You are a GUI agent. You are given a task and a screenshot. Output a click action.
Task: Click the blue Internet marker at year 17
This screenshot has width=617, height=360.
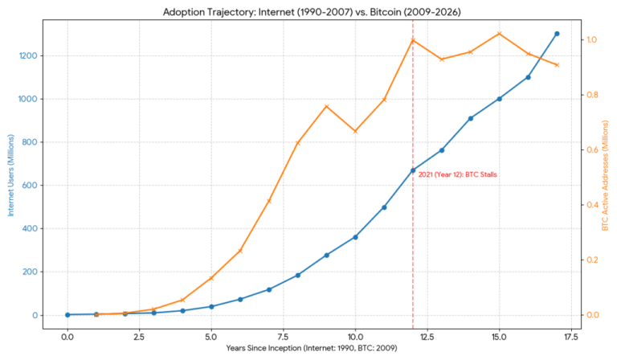(x=557, y=34)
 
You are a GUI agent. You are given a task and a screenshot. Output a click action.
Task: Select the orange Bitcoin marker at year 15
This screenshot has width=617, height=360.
(x=499, y=34)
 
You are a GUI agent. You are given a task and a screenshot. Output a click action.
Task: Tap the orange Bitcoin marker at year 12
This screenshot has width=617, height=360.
(x=413, y=40)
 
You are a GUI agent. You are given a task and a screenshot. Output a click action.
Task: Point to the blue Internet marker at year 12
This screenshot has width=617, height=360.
(x=413, y=170)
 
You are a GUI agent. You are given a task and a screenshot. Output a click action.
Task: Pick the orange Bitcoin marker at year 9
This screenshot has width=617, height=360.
(x=326, y=106)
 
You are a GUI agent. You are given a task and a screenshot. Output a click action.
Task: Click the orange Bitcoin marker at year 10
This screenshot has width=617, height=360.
(x=355, y=131)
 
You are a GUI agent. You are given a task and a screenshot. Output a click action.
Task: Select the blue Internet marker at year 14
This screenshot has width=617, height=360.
(x=470, y=118)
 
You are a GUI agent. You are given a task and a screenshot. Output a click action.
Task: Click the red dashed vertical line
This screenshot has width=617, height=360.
(x=413, y=241)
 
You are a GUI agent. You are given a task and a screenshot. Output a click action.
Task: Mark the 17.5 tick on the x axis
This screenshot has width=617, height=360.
(x=571, y=336)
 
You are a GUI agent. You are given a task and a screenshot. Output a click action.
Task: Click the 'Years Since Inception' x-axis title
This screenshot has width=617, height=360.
(x=312, y=350)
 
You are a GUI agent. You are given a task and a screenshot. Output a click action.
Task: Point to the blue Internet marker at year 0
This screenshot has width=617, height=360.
(x=67, y=314)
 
